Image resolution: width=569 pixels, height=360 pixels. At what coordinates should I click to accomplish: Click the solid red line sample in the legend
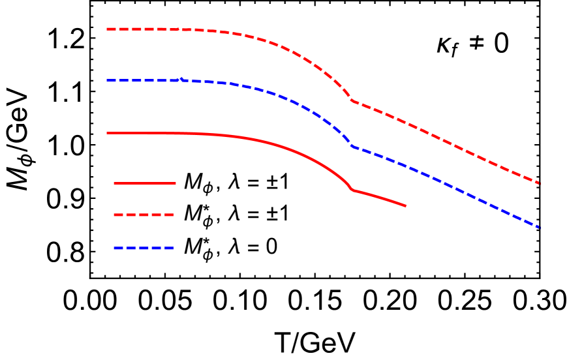[x=144, y=183]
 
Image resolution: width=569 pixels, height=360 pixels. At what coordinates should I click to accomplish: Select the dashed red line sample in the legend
[x=144, y=215]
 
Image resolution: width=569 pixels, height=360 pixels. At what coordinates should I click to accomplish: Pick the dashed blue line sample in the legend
[x=144, y=248]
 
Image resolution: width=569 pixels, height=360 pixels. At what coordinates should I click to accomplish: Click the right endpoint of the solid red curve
[x=406, y=206]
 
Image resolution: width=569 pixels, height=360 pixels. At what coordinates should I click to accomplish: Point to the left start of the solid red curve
[x=108, y=133]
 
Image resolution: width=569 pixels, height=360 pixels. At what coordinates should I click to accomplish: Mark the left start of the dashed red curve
[x=108, y=29]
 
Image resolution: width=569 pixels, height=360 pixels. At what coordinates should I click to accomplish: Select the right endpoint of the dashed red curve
[x=540, y=184]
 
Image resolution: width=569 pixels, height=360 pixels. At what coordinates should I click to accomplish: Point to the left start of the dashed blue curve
[x=108, y=80]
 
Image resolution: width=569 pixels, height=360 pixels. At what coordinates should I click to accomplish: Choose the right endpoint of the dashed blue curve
[x=540, y=228]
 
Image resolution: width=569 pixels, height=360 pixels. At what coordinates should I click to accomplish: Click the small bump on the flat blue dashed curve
[x=181, y=80]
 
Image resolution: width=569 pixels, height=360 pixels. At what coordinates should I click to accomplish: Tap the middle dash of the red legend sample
[x=144, y=215]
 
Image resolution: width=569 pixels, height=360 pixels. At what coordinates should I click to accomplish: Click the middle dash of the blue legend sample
[x=144, y=248]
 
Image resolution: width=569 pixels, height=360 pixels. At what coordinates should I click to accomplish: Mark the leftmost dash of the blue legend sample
[x=118, y=248]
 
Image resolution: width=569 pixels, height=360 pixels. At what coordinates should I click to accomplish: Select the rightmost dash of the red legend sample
[x=169, y=215]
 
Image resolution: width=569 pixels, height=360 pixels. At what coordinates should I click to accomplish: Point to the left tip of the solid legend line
[x=114, y=183]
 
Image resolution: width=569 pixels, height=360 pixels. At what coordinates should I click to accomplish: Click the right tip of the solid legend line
[x=175, y=183]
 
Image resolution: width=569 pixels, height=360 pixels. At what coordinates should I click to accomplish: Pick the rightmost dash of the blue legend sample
[x=169, y=248]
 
